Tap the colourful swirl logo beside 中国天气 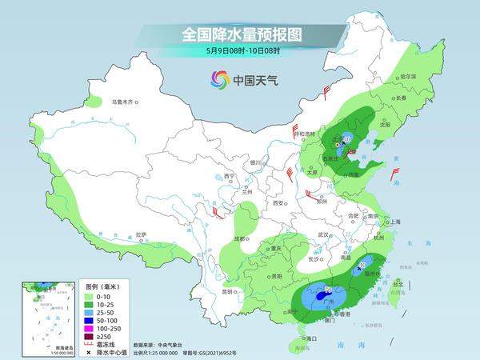click(x=219, y=79)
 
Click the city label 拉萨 click(x=141, y=234)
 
